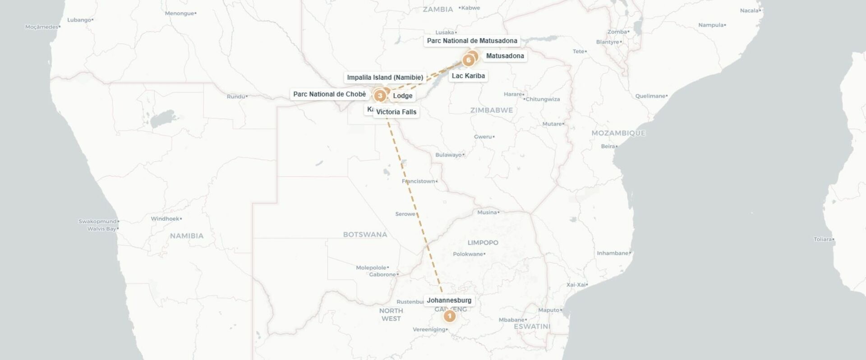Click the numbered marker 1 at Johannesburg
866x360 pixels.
pyautogui.click(x=449, y=316)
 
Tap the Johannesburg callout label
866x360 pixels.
pyautogui.click(x=449, y=300)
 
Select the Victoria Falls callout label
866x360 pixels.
pyautogui.click(x=396, y=112)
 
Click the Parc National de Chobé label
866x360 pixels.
pyautogui.click(x=329, y=94)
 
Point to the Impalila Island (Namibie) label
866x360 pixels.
pyautogui.click(x=385, y=78)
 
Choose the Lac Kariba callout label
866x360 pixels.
pyautogui.click(x=468, y=76)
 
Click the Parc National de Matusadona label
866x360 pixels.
pyautogui.click(x=472, y=41)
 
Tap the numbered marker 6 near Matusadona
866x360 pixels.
pyautogui.click(x=469, y=60)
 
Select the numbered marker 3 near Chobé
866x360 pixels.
pyautogui.click(x=380, y=96)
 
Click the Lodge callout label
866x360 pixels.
pyautogui.click(x=402, y=96)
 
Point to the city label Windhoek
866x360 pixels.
pyautogui.click(x=165, y=219)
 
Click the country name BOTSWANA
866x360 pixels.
pyautogui.click(x=365, y=235)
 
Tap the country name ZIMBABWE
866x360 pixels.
pyautogui.click(x=491, y=110)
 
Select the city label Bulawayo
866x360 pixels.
pyautogui.click(x=448, y=155)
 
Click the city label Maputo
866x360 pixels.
pyautogui.click(x=548, y=310)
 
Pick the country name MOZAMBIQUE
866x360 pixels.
pyautogui.click(x=618, y=133)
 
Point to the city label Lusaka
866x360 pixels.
pyautogui.click(x=445, y=32)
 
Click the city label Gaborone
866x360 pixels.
pyautogui.click(x=382, y=274)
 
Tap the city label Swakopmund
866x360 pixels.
pyautogui.click(x=97, y=222)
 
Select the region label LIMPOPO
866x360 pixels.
pyautogui.click(x=483, y=243)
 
